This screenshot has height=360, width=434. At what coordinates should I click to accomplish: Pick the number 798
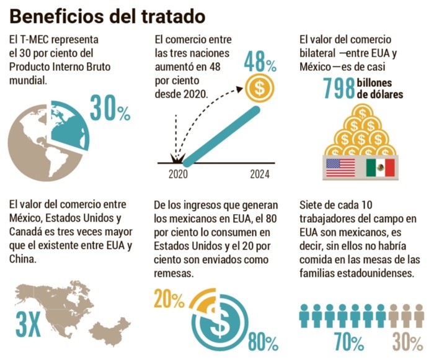tap(339, 89)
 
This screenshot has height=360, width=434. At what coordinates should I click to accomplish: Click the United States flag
tap(340, 167)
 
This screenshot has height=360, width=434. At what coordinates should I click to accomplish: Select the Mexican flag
tap(380, 167)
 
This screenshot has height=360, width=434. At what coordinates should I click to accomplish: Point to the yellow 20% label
tap(169, 300)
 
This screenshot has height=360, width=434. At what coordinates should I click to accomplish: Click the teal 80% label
tap(263, 342)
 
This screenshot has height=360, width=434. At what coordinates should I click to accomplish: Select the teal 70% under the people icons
tap(348, 342)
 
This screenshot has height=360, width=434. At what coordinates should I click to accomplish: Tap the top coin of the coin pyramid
tap(360, 112)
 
